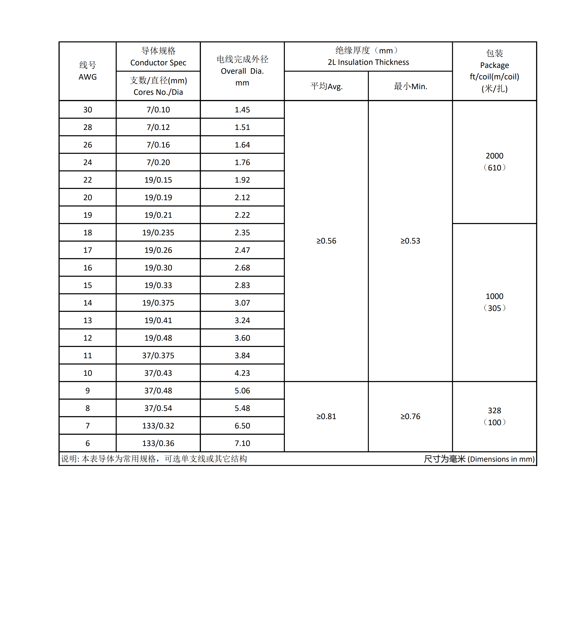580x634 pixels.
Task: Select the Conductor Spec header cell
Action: point(158,57)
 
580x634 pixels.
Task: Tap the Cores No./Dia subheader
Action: point(158,86)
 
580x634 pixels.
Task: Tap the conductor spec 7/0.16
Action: point(158,145)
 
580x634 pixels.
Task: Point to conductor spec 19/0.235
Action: point(158,233)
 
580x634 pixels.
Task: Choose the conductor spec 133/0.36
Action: point(158,443)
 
